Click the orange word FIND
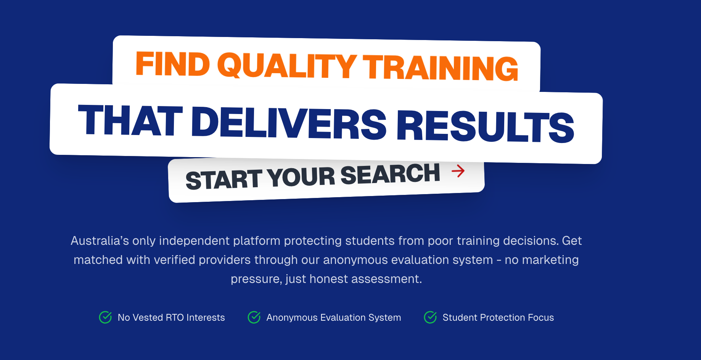point(173,64)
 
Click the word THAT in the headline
point(130,120)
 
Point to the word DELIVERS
point(289,123)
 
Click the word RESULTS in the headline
point(486,127)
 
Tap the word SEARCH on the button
point(390,174)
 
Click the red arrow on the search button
point(458,171)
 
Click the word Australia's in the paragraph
point(100,241)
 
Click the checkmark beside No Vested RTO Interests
point(105,317)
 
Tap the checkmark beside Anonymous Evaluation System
point(254,317)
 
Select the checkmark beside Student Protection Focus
point(430,317)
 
